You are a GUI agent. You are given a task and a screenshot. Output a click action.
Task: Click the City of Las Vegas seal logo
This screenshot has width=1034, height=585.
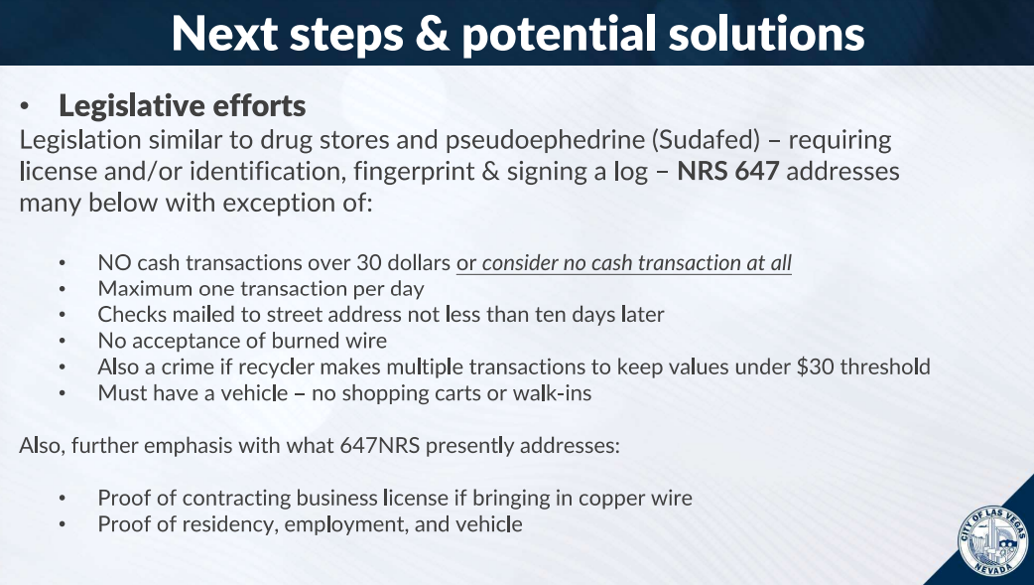[993, 541]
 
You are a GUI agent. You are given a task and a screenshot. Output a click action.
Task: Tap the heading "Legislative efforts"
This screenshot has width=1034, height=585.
[182, 105]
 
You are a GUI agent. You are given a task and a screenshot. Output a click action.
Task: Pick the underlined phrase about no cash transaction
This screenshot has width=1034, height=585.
[623, 263]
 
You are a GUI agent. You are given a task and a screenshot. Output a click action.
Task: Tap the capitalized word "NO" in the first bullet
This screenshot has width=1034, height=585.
[111, 263]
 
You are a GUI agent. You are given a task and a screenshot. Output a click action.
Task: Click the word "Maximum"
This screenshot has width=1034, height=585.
[140, 289]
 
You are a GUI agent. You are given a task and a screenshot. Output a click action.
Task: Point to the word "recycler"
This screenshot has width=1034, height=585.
[305, 366]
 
